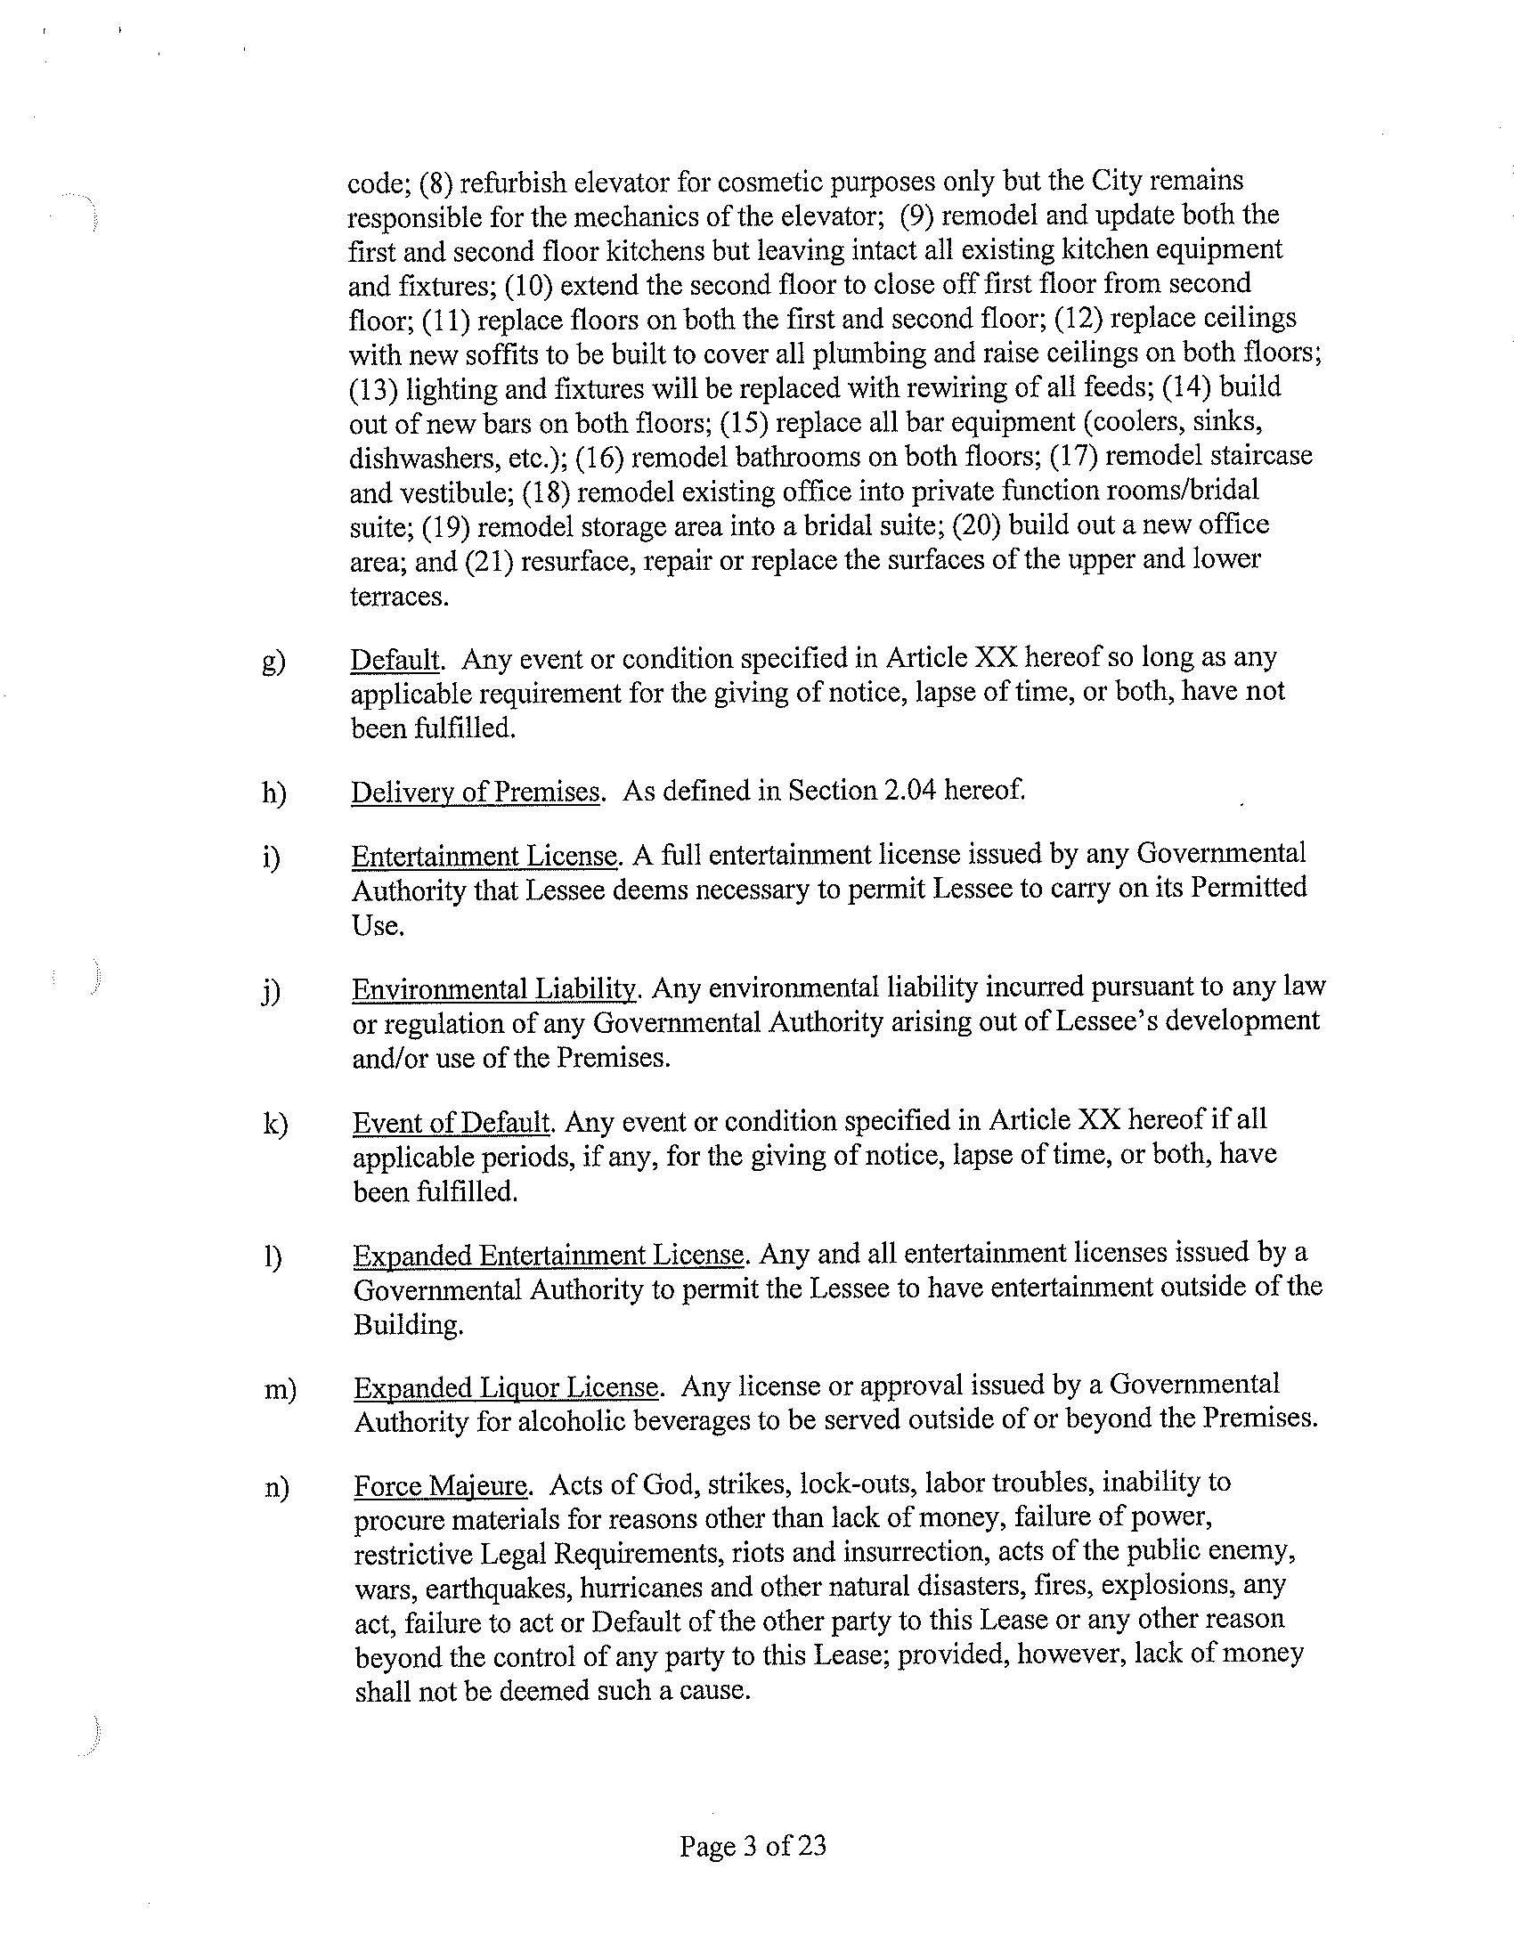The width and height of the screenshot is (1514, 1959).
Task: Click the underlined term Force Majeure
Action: tap(439, 1486)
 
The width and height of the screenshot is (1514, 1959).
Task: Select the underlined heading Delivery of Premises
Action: tap(476, 792)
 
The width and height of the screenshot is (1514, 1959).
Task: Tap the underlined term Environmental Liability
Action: tap(494, 989)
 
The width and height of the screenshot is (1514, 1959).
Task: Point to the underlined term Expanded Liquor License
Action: tap(508, 1387)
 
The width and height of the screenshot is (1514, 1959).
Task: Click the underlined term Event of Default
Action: tap(451, 1122)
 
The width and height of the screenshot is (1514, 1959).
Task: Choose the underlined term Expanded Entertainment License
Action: tap(548, 1255)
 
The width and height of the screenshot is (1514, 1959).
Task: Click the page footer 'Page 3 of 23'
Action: tap(753, 1846)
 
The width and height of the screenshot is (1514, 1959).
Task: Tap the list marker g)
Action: tap(273, 662)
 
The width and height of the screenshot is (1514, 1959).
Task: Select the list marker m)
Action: tap(280, 1389)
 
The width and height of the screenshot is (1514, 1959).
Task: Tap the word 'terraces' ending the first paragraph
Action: tap(398, 597)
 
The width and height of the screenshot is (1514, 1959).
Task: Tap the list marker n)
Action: tap(276, 1488)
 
